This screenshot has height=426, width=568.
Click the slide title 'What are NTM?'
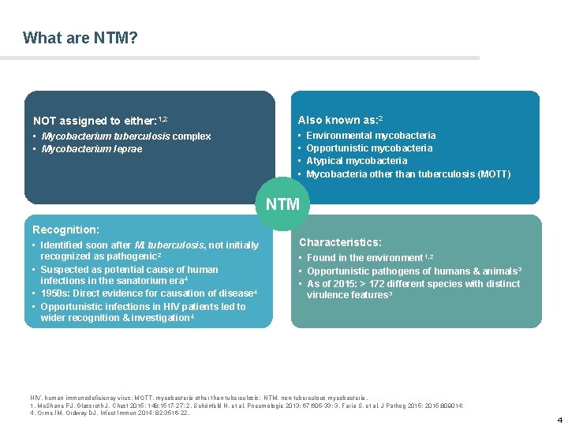pos(80,38)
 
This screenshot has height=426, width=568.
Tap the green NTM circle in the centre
pos(282,204)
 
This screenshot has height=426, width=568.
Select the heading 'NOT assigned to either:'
pos(95,121)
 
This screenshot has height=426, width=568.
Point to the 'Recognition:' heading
pos(65,230)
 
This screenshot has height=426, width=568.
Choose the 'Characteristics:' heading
pos(340,242)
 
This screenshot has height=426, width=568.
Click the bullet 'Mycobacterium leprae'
pos(92,149)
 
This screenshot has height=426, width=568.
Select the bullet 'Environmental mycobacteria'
pos(371,136)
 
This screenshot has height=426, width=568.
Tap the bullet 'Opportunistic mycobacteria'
pos(369,148)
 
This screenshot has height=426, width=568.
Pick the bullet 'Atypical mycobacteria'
pos(357,161)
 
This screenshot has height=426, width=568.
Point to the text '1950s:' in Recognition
pos(55,293)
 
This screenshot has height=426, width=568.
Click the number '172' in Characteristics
pos(380,284)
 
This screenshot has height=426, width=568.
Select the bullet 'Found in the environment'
pos(364,258)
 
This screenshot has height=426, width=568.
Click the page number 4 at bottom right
pos(559,419)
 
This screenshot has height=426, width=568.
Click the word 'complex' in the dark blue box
pos(192,136)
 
